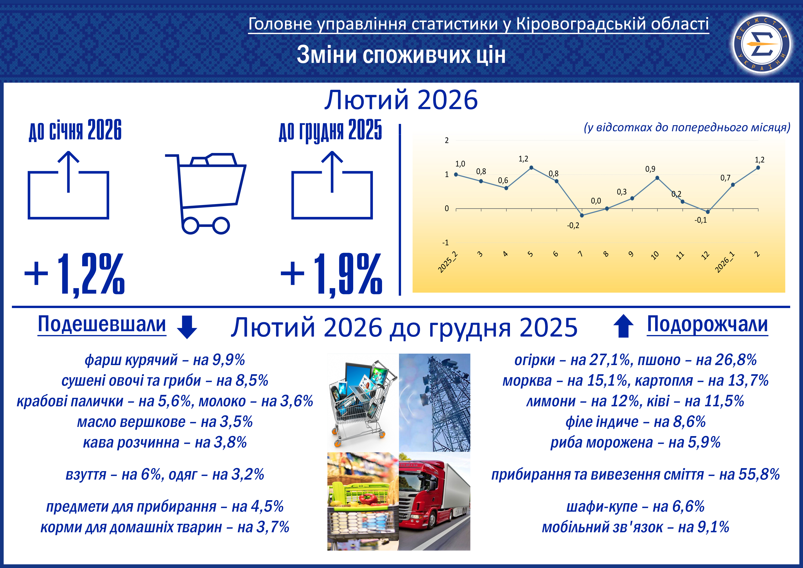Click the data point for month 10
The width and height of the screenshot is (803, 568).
pyautogui.click(x=657, y=178)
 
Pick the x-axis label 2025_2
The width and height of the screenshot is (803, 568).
pyautogui.click(x=448, y=262)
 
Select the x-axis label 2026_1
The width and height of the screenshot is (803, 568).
pyautogui.click(x=725, y=262)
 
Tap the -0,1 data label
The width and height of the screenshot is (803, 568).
pyautogui.click(x=700, y=220)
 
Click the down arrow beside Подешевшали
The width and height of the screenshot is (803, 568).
pyautogui.click(x=187, y=327)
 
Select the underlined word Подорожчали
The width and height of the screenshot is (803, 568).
pyautogui.click(x=707, y=324)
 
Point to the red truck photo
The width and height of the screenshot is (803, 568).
pyautogui.click(x=435, y=501)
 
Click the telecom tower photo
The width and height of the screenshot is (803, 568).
pyautogui.click(x=435, y=402)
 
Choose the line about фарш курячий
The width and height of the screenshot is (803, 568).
pyautogui.click(x=165, y=360)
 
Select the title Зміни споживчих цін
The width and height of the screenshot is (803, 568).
pyautogui.click(x=401, y=55)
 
